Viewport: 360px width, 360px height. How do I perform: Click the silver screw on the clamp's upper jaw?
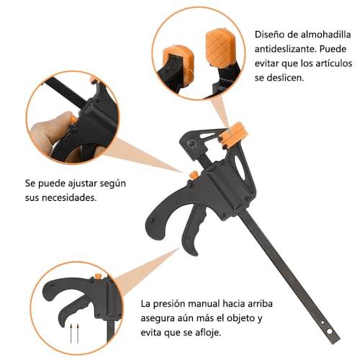[x=192, y=144]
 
